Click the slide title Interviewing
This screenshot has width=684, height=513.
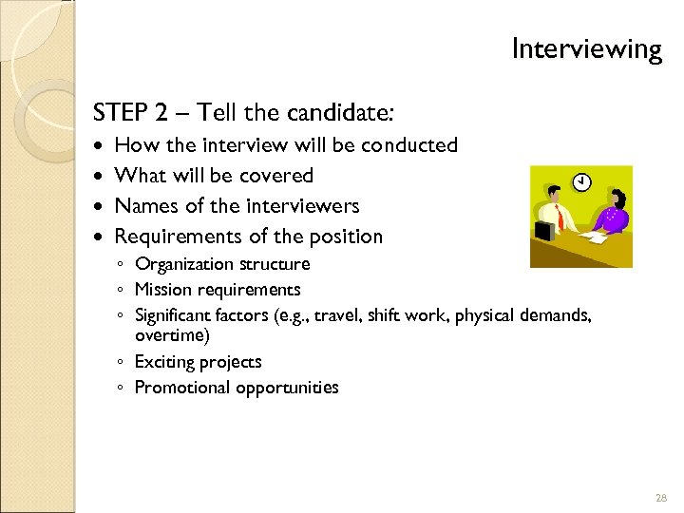coord(586,48)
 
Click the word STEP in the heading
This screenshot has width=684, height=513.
coord(119,114)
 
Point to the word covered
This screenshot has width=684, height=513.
coord(275,176)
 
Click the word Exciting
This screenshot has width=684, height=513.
coord(164,362)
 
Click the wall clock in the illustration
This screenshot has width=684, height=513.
coord(581,180)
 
